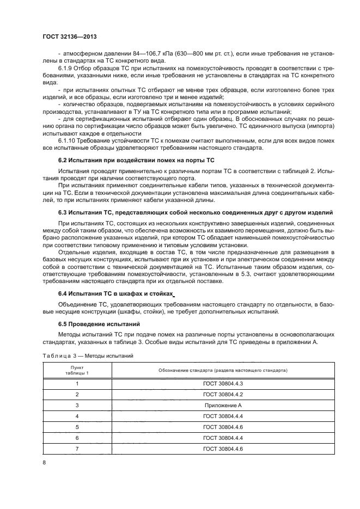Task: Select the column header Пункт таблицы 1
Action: pos(77,370)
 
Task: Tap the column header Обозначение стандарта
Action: pos(223,370)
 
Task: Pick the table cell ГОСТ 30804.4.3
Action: pos(223,384)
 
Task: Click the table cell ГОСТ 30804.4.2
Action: pos(223,395)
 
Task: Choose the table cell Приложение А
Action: pos(223,406)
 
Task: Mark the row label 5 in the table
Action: pos(77,427)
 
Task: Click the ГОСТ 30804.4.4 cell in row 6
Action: pos(223,438)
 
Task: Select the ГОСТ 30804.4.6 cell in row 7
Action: pos(223,448)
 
